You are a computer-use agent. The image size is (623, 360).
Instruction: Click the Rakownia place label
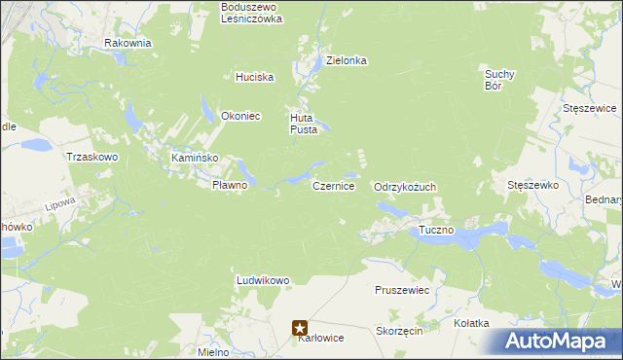(x=128, y=43)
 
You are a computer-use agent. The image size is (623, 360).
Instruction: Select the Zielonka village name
(x=346, y=60)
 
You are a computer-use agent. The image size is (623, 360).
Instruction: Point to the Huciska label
(x=255, y=77)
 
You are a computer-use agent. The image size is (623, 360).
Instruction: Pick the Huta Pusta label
(x=303, y=124)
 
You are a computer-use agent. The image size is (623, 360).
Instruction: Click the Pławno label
(x=231, y=185)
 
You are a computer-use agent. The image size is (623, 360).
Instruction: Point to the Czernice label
(x=333, y=185)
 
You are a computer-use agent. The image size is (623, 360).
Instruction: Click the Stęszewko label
(x=531, y=184)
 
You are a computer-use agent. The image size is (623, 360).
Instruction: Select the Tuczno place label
(x=436, y=230)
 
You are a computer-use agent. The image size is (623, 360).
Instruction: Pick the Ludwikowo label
(x=263, y=280)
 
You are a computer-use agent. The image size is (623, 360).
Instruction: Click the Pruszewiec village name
(x=402, y=290)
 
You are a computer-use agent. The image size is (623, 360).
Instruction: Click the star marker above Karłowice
(x=302, y=329)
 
